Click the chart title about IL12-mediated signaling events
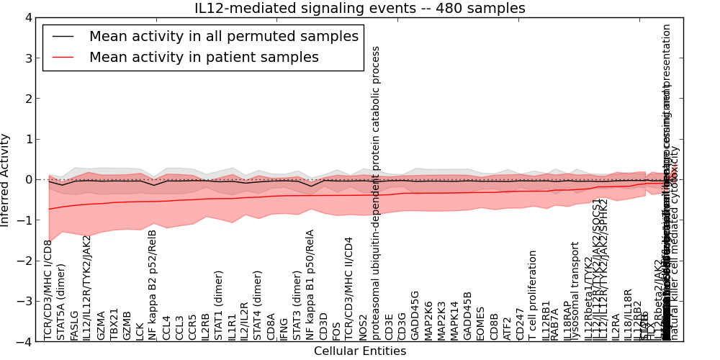pos(360,9)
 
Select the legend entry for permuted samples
pos(223,37)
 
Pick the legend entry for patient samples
pos(204,58)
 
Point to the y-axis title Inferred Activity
pos(6,180)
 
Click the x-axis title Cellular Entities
pos(360,351)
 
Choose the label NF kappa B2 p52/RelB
pos(153,284)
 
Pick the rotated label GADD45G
pos(415,315)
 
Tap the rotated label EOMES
pos(480,322)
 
